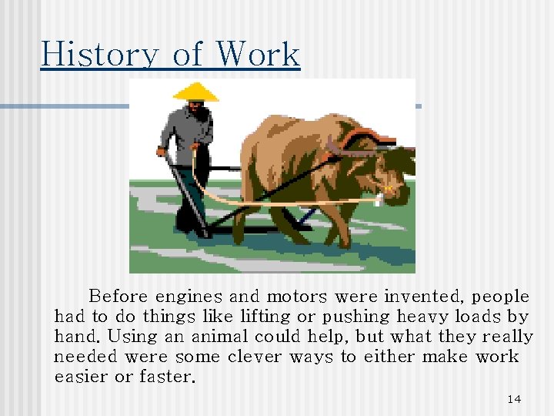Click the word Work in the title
coord(258,54)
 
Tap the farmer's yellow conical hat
coord(195,92)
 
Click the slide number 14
coord(514,398)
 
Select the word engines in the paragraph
coord(189,297)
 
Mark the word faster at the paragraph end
coord(168,377)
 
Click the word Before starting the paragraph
coord(119,297)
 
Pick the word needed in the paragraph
coord(85,357)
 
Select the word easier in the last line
coord(81,377)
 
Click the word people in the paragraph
coord(500,297)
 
